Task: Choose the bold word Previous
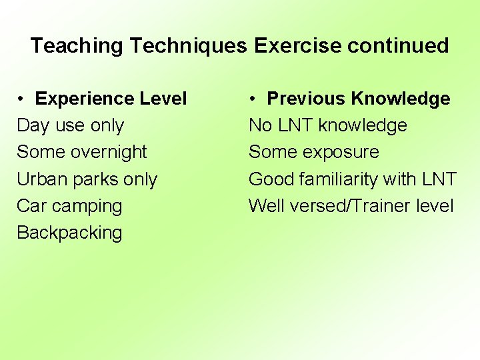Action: tap(307, 99)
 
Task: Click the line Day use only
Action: tap(70, 126)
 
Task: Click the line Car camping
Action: tap(69, 206)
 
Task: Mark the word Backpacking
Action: tap(69, 233)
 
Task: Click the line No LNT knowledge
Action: tap(327, 126)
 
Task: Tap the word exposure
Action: tap(341, 152)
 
